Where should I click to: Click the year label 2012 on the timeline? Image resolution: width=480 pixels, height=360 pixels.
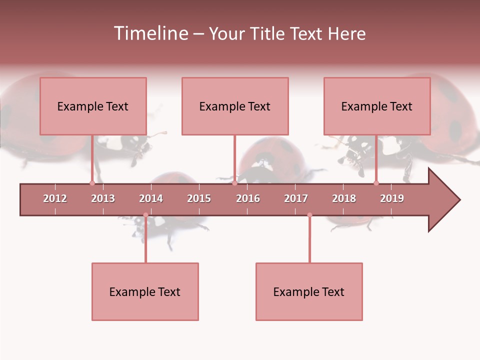click(55, 198)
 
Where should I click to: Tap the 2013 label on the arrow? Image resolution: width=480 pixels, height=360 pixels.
click(103, 198)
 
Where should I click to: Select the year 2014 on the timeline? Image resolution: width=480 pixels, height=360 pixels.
click(151, 198)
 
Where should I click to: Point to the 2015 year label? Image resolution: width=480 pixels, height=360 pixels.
click(199, 198)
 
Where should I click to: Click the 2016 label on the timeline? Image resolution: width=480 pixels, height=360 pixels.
click(248, 198)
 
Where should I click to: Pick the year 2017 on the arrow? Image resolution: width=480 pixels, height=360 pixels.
click(296, 198)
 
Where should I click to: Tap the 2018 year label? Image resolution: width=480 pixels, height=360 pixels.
click(344, 198)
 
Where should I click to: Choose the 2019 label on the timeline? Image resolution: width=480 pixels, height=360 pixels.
click(392, 198)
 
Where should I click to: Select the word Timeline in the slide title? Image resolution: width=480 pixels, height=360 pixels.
click(150, 33)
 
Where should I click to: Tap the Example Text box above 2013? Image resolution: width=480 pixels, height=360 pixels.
click(93, 106)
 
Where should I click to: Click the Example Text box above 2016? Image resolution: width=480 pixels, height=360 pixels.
click(235, 106)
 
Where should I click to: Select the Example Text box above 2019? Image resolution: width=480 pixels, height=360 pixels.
click(377, 106)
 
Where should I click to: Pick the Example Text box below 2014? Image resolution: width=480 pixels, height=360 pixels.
click(145, 291)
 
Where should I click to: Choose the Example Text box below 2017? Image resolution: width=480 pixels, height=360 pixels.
click(309, 291)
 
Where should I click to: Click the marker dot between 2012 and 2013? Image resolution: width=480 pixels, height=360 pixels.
click(92, 183)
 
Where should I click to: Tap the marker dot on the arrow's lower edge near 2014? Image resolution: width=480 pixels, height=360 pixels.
click(145, 215)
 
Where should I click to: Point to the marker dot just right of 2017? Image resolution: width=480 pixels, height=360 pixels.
click(309, 215)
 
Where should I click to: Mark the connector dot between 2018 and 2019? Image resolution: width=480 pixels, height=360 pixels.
click(376, 183)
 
